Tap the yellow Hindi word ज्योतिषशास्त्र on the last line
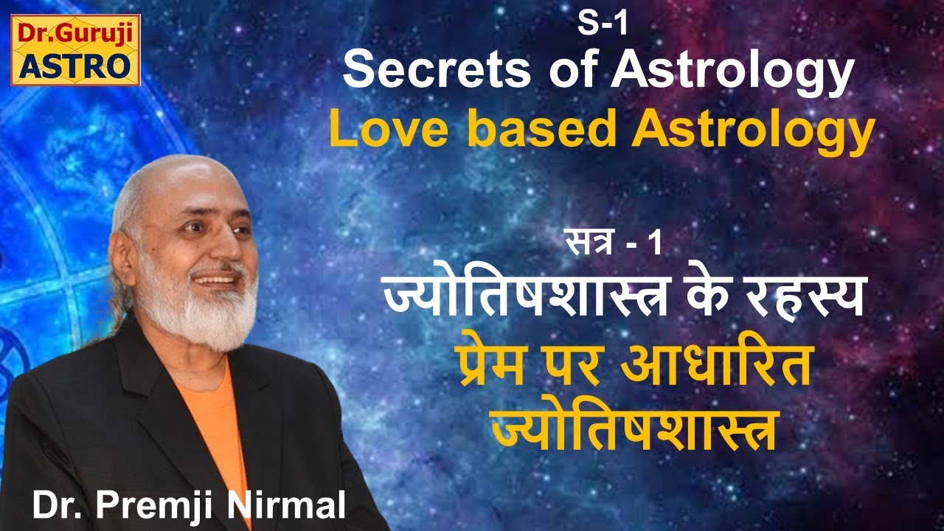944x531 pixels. pyautogui.click(x=634, y=429)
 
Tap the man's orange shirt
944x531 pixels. pyautogui.click(x=221, y=428)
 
